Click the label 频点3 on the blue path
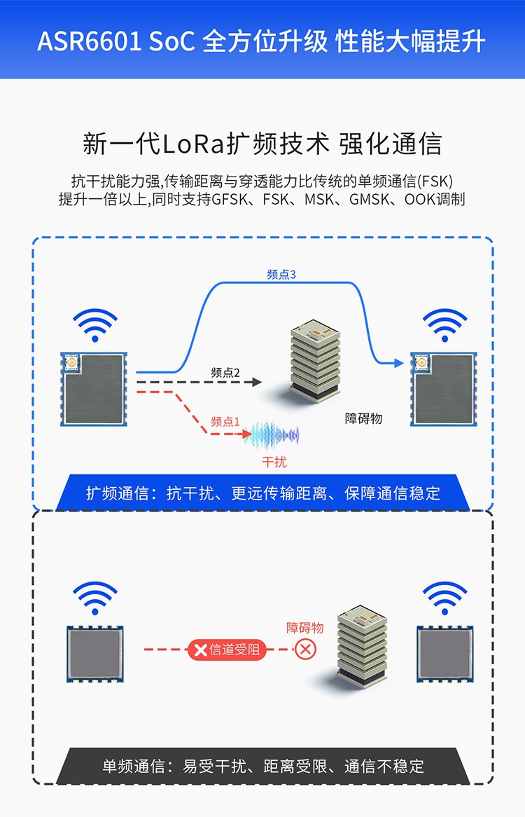(x=281, y=275)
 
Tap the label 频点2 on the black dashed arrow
(x=225, y=373)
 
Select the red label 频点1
(x=225, y=422)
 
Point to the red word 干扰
(x=274, y=462)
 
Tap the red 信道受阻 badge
(x=227, y=650)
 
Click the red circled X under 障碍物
(x=305, y=650)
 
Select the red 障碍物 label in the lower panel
(x=305, y=627)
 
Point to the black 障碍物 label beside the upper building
(x=364, y=418)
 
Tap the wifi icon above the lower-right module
(x=444, y=599)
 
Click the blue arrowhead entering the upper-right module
(x=399, y=363)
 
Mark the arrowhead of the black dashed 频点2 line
(x=257, y=382)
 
